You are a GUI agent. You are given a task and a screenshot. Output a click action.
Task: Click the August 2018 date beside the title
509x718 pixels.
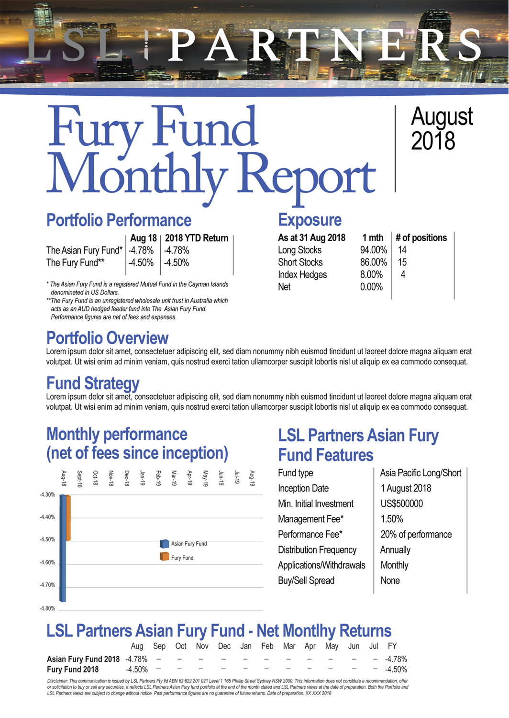point(441,129)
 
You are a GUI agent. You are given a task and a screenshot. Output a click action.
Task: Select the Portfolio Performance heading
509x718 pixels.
point(119,220)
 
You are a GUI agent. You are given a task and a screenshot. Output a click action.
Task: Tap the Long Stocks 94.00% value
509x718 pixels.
point(373,250)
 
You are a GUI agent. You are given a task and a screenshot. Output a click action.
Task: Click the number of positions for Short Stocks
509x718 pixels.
point(402,262)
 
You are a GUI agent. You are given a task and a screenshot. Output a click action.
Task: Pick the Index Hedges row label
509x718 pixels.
point(302,275)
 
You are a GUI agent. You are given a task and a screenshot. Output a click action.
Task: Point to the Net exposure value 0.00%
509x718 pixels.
point(371,287)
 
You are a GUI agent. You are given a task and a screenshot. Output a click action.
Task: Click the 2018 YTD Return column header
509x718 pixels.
point(196,238)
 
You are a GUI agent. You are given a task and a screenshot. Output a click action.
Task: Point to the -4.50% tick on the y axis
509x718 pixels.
point(47,540)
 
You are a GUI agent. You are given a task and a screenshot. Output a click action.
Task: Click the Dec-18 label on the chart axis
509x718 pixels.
point(127,478)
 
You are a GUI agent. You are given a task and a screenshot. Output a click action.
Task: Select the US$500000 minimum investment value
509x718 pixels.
point(401,504)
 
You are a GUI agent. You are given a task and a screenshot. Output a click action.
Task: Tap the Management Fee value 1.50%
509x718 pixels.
point(391,519)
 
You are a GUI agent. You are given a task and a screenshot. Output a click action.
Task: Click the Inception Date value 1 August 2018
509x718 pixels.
point(406,488)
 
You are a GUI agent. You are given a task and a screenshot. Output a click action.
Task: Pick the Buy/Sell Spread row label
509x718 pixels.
point(306,581)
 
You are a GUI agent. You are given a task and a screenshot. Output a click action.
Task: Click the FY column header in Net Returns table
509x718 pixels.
point(392,646)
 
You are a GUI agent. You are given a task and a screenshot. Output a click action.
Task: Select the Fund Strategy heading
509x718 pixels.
point(93,383)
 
